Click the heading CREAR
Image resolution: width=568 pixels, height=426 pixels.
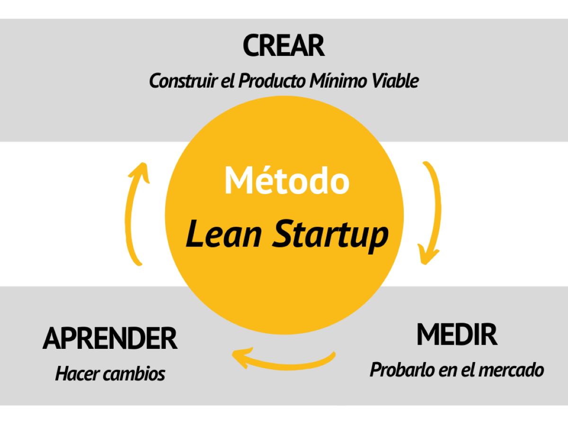[x=284, y=45]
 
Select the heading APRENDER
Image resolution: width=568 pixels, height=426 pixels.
[x=110, y=338]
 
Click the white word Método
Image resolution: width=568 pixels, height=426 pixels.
[x=287, y=180]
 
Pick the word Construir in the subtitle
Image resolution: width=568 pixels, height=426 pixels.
[x=183, y=80]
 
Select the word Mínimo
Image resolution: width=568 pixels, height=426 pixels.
[x=338, y=80]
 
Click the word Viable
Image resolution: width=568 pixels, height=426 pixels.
[x=395, y=80]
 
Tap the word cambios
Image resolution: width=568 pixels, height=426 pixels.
[x=134, y=374]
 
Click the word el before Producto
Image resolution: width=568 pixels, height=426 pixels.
[x=227, y=80]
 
